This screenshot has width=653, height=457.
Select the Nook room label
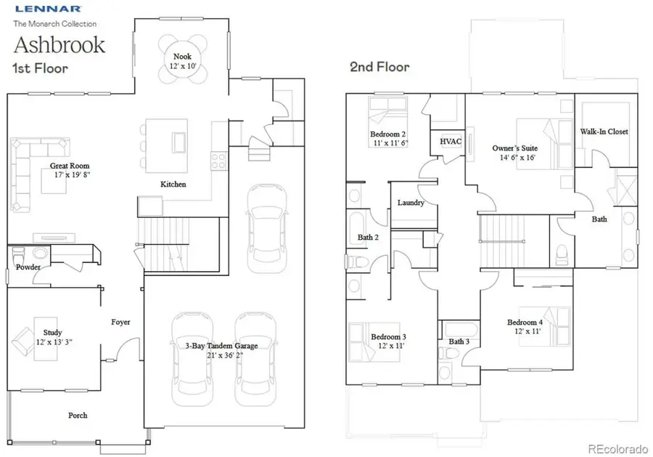[x=182, y=56]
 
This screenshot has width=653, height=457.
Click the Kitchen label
[x=173, y=184]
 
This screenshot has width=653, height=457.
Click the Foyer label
[x=120, y=321]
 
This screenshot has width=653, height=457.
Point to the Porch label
[x=78, y=415]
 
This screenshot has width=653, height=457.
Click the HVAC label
[x=451, y=141]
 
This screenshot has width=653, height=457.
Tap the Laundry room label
[x=411, y=203]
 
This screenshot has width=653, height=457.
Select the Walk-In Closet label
[x=604, y=132]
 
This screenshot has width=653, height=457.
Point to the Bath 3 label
[x=459, y=341]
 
